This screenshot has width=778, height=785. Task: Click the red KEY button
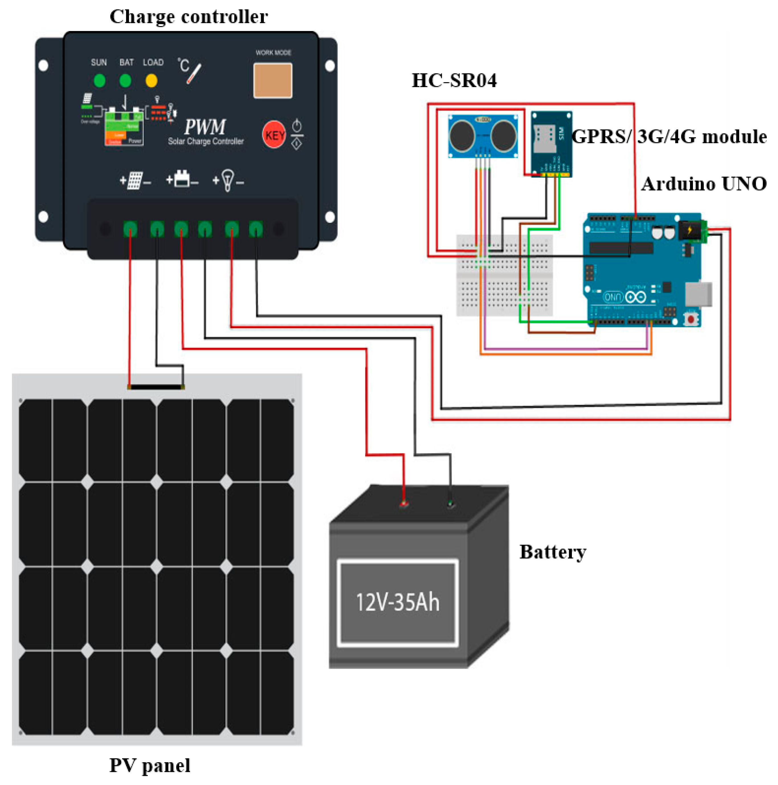(x=274, y=135)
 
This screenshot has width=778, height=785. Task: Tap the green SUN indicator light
(x=99, y=81)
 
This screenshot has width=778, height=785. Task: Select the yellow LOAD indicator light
(x=151, y=81)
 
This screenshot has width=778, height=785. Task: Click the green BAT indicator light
(x=125, y=81)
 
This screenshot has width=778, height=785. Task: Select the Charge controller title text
(x=189, y=17)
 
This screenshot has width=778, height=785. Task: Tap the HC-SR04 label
(x=454, y=81)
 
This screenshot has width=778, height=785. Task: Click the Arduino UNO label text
(x=704, y=184)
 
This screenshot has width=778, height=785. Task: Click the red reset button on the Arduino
(x=690, y=319)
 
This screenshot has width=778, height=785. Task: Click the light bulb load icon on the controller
(x=228, y=180)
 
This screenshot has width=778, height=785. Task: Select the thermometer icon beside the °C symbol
(x=194, y=74)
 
